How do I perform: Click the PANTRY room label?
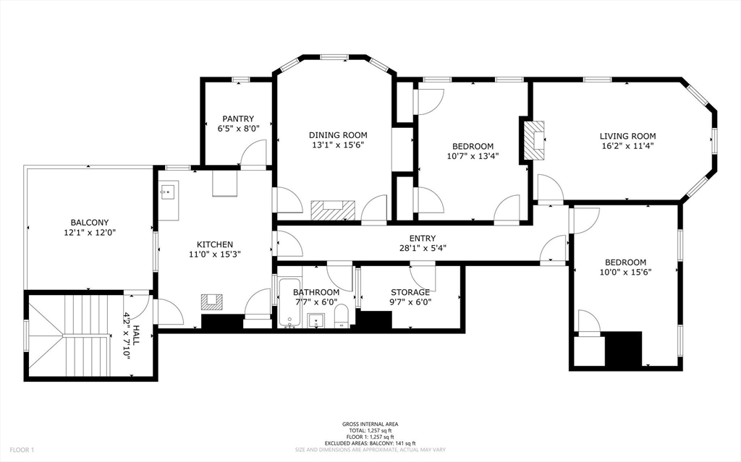click(237, 119)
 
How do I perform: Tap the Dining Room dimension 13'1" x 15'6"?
click(338, 145)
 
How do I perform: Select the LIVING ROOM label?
click(627, 136)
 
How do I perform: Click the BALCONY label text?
click(90, 222)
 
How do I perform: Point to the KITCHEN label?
click(215, 244)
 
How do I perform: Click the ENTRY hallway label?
click(422, 238)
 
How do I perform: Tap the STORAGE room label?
click(410, 292)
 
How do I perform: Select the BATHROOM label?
click(316, 292)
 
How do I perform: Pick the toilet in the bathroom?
click(342, 316)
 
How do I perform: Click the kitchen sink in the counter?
click(168, 192)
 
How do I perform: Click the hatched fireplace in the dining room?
click(333, 210)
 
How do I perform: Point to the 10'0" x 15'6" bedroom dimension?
click(625, 273)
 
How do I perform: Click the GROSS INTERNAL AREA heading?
click(370, 424)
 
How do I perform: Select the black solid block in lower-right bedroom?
click(623, 348)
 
